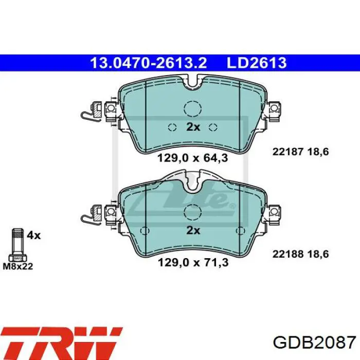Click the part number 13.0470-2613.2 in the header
click(148, 63)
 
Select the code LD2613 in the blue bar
click(258, 63)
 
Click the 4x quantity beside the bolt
click(33, 236)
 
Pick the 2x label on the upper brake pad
click(193, 127)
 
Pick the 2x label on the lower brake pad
click(193, 230)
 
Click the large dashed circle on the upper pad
click(193, 109)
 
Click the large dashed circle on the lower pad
click(193, 211)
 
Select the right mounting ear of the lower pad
click(274, 211)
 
